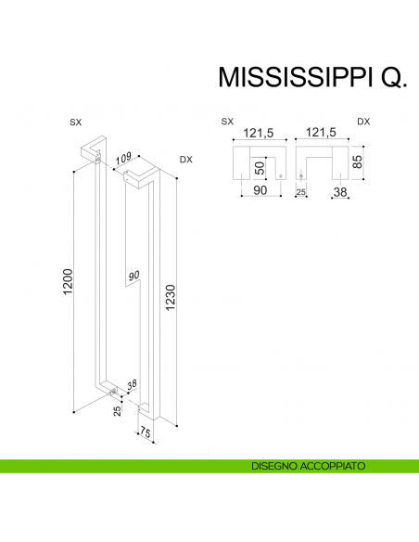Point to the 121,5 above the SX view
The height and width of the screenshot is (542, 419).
[258, 134]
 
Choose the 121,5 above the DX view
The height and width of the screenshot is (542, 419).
[319, 134]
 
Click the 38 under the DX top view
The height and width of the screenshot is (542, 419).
[339, 192]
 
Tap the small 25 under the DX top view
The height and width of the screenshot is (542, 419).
[300, 192]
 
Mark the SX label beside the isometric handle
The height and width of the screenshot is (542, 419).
[76, 123]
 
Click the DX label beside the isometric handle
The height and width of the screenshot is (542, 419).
[185, 160]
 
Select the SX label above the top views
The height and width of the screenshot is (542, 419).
[227, 122]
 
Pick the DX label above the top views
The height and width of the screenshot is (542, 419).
[363, 122]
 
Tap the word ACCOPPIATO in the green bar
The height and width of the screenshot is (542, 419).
[333, 465]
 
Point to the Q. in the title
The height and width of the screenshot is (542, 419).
[392, 78]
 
